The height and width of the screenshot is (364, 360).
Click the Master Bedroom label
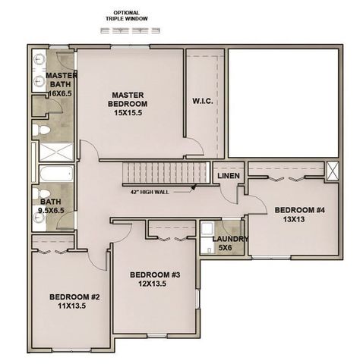pos(128,104)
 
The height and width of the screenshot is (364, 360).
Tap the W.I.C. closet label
pos(203,102)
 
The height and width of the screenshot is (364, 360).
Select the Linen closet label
pos(229,176)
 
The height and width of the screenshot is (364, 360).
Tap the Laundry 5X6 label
pos(230,243)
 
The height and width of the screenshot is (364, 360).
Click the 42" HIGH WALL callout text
pos(150,192)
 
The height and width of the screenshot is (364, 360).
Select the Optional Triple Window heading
pos(127,16)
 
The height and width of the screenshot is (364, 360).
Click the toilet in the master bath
pos(41,130)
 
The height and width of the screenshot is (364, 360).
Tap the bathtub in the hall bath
pos(56,174)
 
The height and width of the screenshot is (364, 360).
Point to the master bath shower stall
pos(56,152)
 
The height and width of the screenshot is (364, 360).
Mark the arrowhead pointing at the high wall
pos(194,188)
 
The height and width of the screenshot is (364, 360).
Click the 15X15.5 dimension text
pos(128,113)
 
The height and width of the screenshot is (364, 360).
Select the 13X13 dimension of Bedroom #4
pos(294,219)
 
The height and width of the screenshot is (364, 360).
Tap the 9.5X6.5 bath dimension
pos(51,210)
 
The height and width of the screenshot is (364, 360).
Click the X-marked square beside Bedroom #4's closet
pos(332,171)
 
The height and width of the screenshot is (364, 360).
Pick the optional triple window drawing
pos(130,31)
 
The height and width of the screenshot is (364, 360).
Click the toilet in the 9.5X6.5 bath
pos(41,194)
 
